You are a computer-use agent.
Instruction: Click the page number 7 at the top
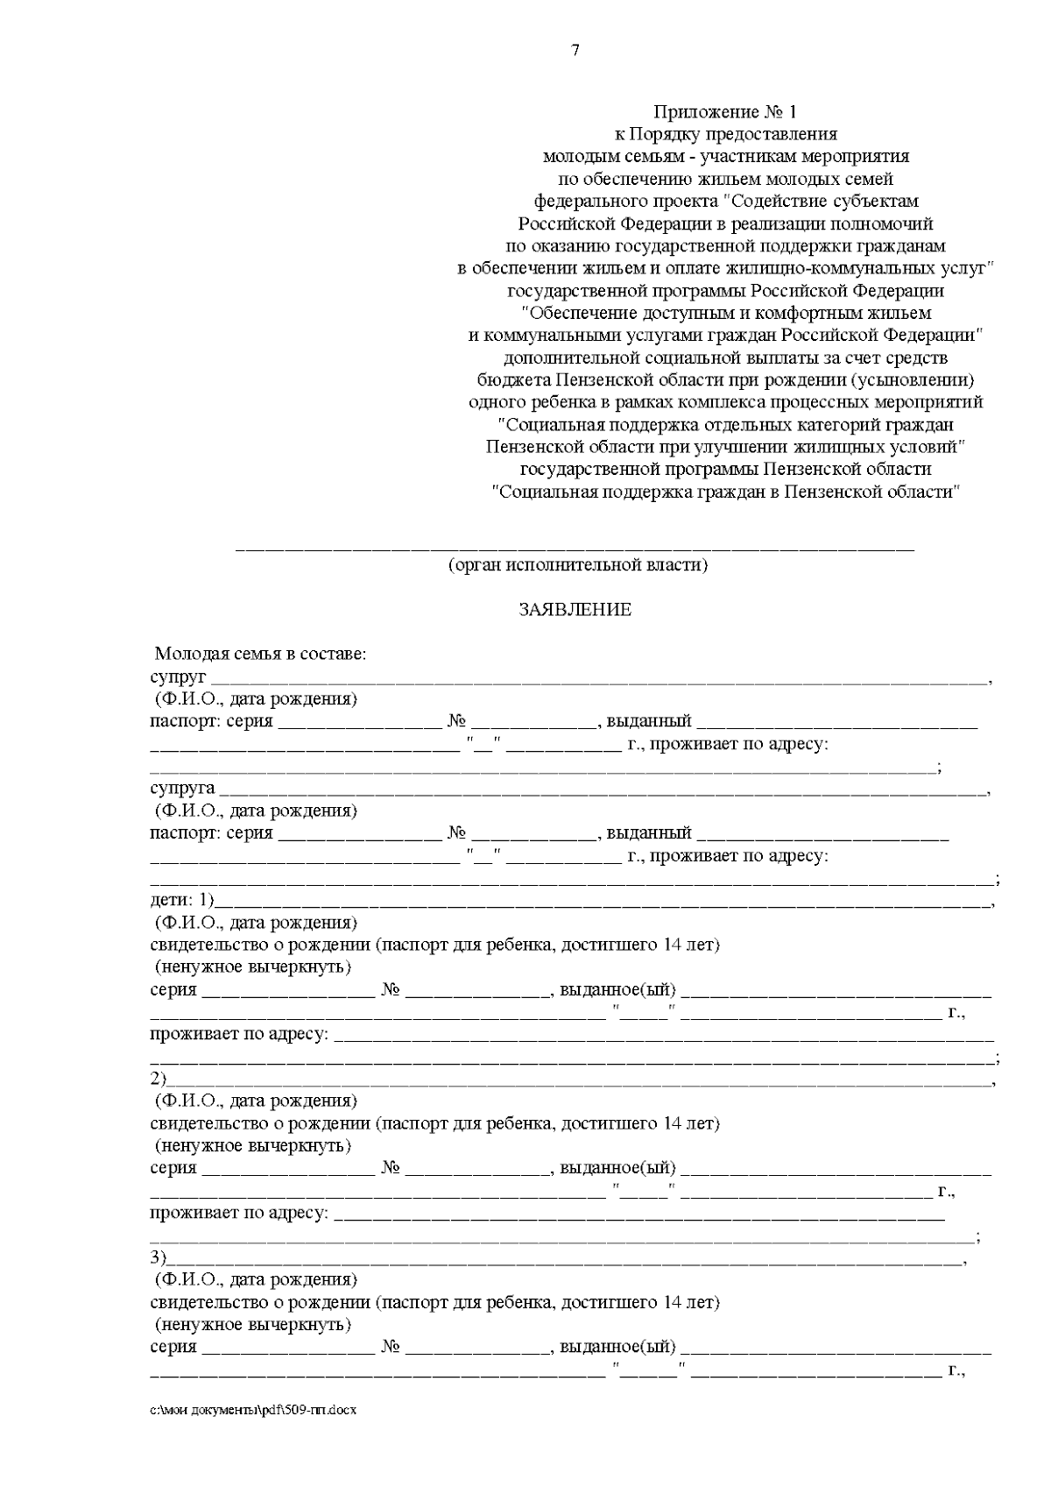point(575,51)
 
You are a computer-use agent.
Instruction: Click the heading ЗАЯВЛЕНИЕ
point(575,610)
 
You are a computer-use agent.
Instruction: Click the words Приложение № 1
point(725,112)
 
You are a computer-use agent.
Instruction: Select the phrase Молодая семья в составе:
point(260,655)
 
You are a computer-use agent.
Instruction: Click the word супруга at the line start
point(182,789)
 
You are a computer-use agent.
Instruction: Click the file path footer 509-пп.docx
point(254,1411)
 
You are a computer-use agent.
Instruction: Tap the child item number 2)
point(159,1079)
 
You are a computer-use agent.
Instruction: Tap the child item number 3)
point(159,1258)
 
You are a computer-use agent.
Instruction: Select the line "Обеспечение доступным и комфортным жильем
point(725,313)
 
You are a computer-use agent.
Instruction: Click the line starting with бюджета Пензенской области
point(725,380)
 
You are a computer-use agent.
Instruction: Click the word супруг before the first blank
point(178,677)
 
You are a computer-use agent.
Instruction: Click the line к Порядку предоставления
point(725,135)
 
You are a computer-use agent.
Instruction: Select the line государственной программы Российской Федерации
point(725,291)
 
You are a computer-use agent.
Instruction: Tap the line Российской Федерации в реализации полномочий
point(725,224)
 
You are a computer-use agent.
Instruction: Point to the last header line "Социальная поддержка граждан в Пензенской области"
point(725,492)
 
